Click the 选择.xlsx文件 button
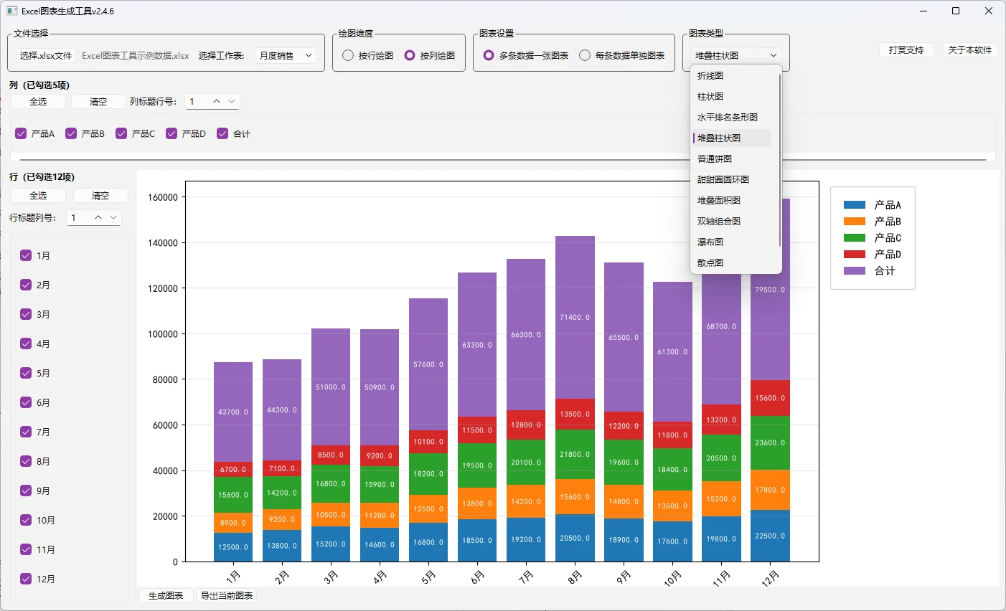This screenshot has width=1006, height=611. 46,55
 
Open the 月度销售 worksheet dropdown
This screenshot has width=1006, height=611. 286,55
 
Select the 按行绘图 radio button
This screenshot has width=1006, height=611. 347,55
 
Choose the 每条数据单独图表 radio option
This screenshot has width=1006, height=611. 584,55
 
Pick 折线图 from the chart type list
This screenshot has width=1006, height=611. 710,75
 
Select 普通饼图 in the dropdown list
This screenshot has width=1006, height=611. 714,158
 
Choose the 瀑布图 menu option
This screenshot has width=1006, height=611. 710,242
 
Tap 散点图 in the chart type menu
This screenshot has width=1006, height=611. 710,262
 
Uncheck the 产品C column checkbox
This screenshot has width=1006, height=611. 121,133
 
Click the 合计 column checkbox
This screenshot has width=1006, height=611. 222,133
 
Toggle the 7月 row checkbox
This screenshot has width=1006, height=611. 26,432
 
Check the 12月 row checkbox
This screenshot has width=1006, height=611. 26,579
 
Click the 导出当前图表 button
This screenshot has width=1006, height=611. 226,596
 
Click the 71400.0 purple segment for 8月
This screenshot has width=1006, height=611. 575,318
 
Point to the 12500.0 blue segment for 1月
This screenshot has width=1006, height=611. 233,547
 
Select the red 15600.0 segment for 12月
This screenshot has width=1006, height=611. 770,398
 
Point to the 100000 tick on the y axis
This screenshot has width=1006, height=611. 163,334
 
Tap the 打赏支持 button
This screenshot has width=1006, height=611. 906,49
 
